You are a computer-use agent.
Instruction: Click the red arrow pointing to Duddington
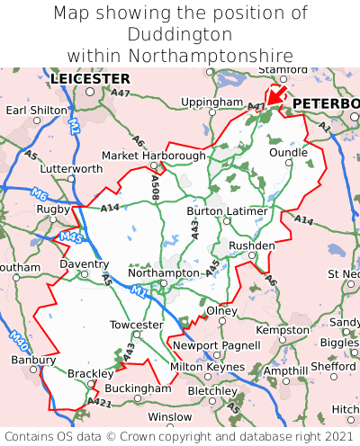[275, 94]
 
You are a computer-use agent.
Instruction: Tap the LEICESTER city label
[90, 79]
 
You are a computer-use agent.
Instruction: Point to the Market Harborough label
[153, 156]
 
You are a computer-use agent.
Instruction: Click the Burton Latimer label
[227, 211]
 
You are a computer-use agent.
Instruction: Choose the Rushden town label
[252, 245]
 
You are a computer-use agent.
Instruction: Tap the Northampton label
[163, 272]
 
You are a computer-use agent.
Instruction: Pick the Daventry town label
[84, 264]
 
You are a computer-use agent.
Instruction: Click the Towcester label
[136, 325]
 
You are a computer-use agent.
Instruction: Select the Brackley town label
[91, 373]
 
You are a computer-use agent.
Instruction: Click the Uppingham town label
[211, 103]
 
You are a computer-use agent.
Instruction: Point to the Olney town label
[222, 310]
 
